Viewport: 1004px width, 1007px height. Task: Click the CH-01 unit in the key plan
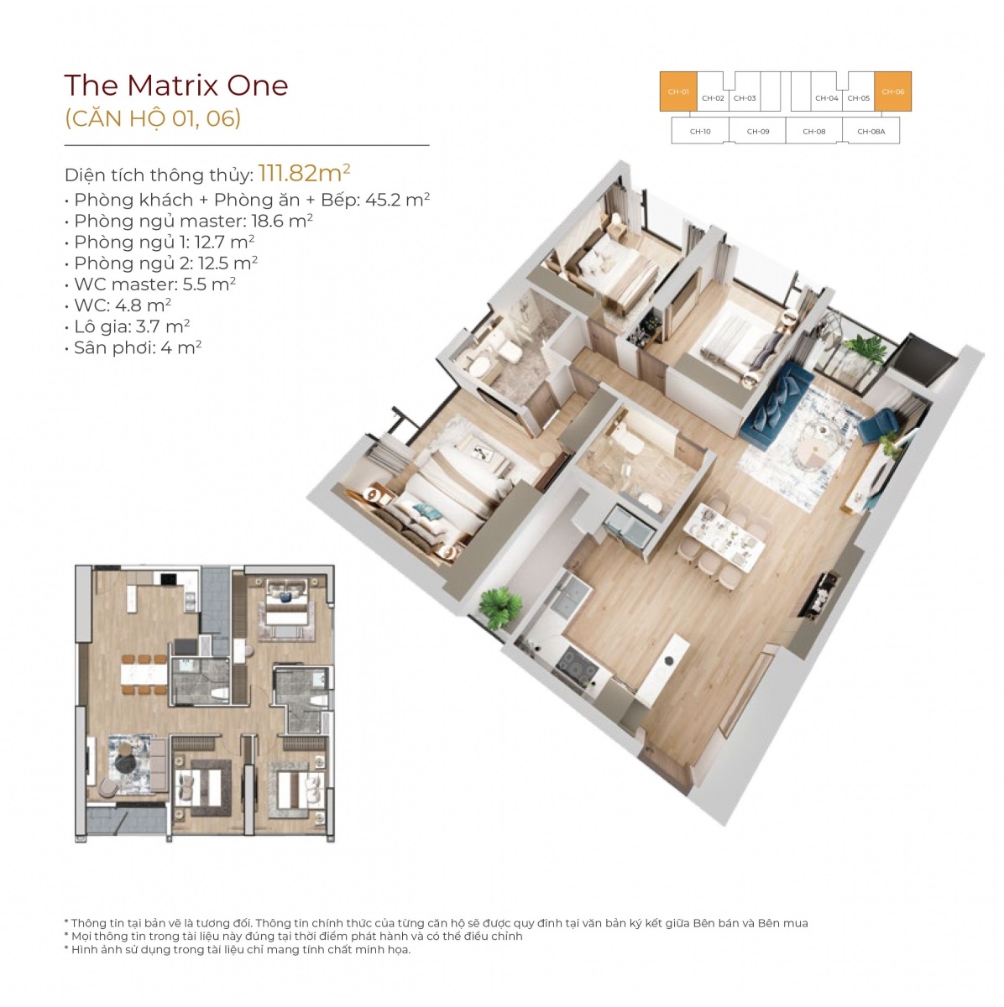coord(678,91)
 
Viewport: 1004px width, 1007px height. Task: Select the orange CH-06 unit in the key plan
coord(893,91)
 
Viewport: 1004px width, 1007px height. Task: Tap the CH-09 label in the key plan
coord(758,132)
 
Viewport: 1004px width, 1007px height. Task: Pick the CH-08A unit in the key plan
coord(871,130)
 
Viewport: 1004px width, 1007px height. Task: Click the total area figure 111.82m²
coord(305,173)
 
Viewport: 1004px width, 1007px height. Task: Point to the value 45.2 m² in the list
coord(397,200)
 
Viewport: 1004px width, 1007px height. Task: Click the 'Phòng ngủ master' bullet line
coord(188,221)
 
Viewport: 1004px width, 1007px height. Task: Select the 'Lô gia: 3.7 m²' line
coord(127,326)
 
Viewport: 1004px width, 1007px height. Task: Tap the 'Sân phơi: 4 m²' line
coord(133,347)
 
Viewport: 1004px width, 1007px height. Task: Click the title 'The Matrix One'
coord(176,86)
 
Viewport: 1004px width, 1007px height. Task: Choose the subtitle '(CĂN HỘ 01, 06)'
coord(153,118)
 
